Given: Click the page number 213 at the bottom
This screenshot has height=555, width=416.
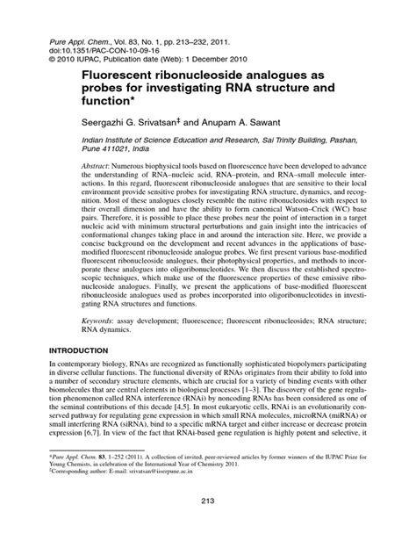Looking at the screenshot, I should tap(207, 525).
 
